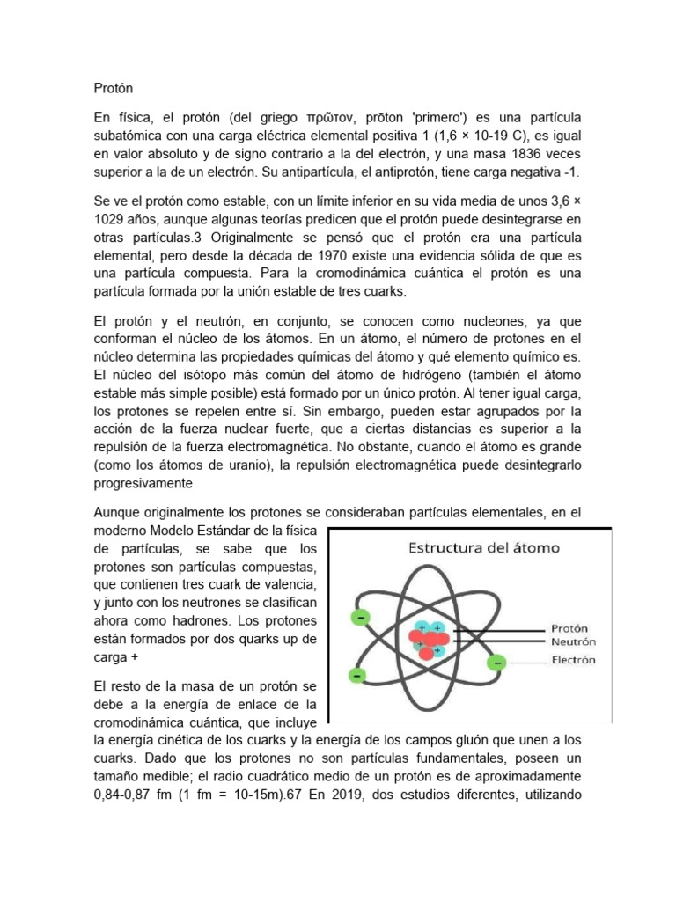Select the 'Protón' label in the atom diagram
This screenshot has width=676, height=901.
569,629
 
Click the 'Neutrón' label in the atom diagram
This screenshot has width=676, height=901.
575,643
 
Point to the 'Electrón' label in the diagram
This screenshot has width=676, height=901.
573,659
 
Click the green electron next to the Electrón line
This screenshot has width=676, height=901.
497,660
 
